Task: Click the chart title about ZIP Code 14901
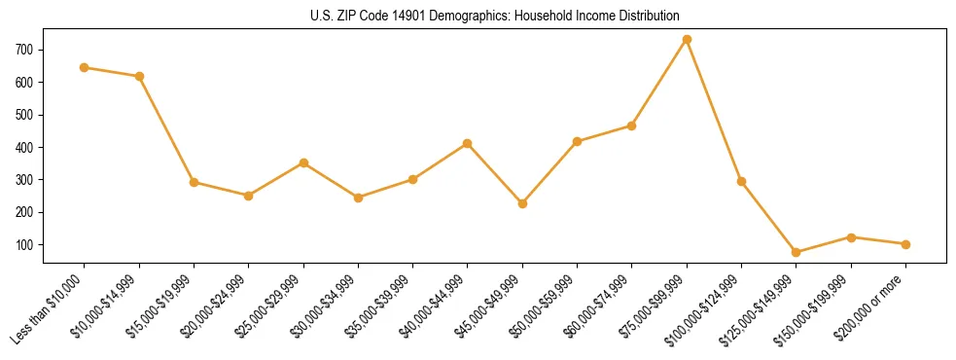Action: pos(478,17)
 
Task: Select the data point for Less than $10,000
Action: pos(85,67)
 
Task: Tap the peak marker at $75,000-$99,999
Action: pos(687,39)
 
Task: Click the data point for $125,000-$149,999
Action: pos(797,252)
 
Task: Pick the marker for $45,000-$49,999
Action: pos(522,203)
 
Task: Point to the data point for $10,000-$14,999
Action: pos(139,76)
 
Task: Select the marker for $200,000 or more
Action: pos(905,244)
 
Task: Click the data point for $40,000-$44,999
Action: pos(468,143)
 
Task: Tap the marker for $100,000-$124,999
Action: pos(742,181)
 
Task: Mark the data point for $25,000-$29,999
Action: pos(303,162)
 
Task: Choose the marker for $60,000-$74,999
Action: pos(632,126)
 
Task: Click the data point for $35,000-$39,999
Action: pos(412,179)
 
